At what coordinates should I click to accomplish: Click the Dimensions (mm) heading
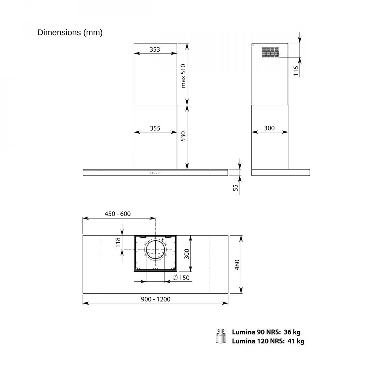point(70,33)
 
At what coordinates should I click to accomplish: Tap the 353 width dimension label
point(155,49)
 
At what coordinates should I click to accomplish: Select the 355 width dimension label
point(155,128)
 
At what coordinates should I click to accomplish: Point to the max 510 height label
point(183,76)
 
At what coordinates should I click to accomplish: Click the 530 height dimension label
point(183,136)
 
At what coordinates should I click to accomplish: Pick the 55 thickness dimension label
point(235,187)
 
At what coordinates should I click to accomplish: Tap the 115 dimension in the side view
point(296,71)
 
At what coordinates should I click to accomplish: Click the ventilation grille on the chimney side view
point(270,52)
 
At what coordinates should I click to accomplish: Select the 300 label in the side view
point(269,128)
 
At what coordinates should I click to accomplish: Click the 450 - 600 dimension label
point(117,214)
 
